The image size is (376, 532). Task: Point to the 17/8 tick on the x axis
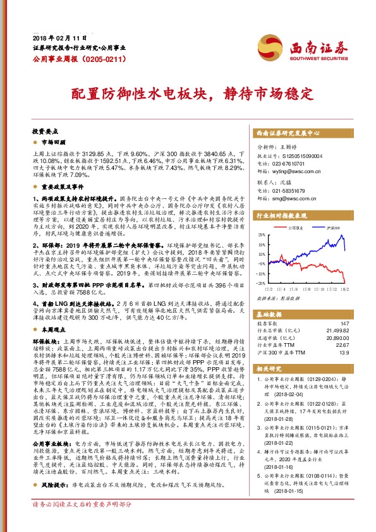[308, 288]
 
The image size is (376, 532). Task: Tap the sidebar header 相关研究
[269, 368]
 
